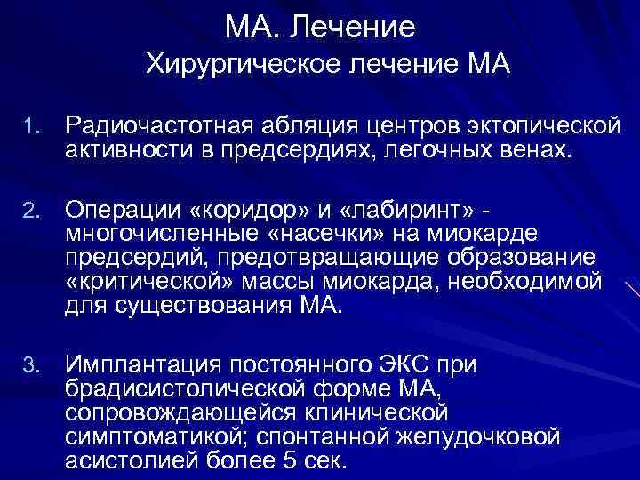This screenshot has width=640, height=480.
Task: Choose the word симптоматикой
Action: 150,436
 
